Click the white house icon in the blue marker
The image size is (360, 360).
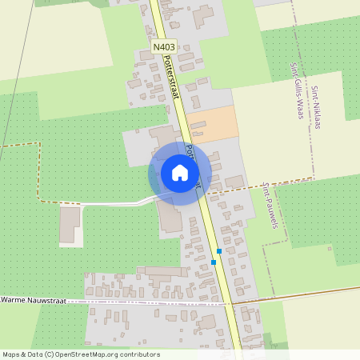[180, 173]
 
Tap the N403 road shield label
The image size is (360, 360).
[164, 48]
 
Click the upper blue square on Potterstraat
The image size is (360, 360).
[218, 251]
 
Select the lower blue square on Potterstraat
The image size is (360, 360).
[214, 262]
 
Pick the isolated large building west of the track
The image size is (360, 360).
[70, 223]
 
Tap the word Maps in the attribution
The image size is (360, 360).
[12, 354]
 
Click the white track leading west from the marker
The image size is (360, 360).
[112, 202]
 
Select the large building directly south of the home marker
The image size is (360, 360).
[170, 215]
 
